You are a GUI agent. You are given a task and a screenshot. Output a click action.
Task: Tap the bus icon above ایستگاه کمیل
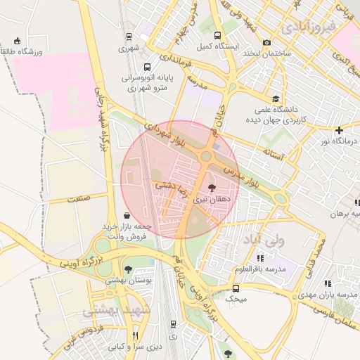click(x=218, y=35)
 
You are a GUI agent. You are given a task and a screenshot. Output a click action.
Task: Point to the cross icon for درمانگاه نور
click(x=340, y=130)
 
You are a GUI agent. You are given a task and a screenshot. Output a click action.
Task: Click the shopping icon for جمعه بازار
click(x=126, y=215)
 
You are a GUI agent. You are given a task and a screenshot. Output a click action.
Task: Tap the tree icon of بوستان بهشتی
click(x=128, y=269)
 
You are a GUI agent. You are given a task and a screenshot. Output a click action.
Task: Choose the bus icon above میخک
click(x=236, y=288)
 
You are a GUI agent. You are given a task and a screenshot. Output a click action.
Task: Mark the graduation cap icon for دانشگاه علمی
click(x=276, y=99)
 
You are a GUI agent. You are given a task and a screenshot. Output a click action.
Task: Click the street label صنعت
click(x=79, y=198)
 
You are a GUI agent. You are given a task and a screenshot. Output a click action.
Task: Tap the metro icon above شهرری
click(x=129, y=37)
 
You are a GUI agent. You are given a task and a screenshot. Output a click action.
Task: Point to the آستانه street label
click(x=272, y=152)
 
